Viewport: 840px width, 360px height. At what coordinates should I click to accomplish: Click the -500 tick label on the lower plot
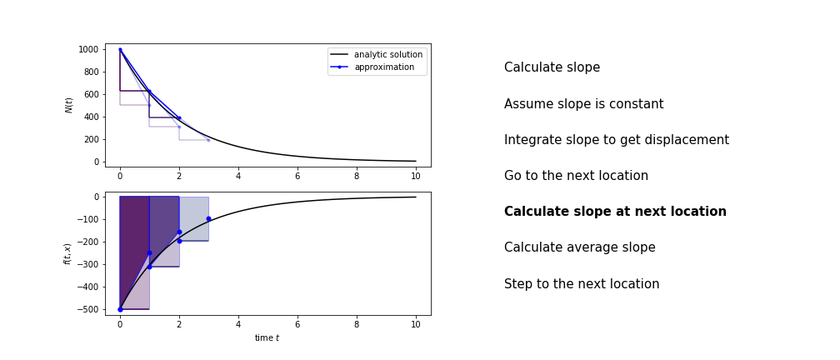[89, 310]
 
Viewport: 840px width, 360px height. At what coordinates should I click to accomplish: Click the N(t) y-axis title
[69, 105]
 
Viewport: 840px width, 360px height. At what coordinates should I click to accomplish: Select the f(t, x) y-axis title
[67, 254]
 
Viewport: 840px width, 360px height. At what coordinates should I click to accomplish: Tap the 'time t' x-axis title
[267, 338]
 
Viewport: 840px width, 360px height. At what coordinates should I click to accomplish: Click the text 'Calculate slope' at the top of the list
[552, 67]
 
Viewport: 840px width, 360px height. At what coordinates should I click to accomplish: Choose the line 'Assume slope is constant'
[584, 104]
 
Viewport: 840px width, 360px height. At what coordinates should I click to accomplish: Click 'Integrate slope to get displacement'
[617, 140]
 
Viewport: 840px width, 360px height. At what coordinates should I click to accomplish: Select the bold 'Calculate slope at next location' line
[615, 212]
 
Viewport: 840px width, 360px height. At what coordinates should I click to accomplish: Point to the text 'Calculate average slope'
[580, 247]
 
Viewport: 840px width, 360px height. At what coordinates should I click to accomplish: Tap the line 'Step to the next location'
[582, 284]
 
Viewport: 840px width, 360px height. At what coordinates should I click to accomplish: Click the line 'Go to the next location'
[576, 176]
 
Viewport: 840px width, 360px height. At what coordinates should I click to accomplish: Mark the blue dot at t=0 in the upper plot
[120, 49]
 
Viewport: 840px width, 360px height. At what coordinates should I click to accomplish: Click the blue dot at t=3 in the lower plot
[208, 218]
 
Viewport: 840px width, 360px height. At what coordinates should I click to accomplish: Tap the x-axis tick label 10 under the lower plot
[416, 325]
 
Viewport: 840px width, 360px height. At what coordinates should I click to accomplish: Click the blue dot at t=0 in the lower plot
[120, 310]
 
